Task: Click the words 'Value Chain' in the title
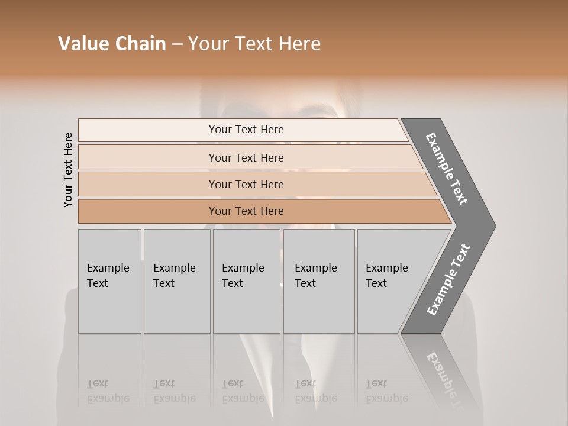[x=112, y=44]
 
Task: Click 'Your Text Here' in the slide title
[x=254, y=44]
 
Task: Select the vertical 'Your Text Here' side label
[x=68, y=170]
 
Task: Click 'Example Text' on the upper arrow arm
[x=447, y=169]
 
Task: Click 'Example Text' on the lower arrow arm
[x=448, y=279]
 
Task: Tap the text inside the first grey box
[x=108, y=276]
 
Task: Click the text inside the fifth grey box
[x=386, y=276]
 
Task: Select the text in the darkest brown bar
[x=246, y=211]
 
